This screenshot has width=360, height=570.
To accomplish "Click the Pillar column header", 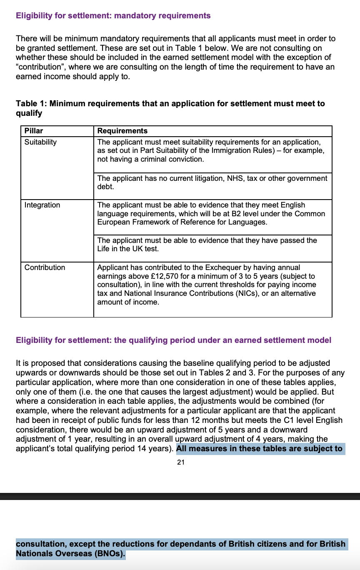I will (x=34, y=131).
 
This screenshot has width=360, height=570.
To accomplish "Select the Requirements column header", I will (x=122, y=131).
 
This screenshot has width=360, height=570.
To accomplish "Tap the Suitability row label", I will (x=40, y=142).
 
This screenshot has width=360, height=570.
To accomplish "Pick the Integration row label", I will (x=42, y=205).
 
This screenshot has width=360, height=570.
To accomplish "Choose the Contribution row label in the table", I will (x=45, y=267).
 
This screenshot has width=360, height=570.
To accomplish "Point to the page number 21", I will (x=180, y=462).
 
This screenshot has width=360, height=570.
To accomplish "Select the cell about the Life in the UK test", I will (x=212, y=245).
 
